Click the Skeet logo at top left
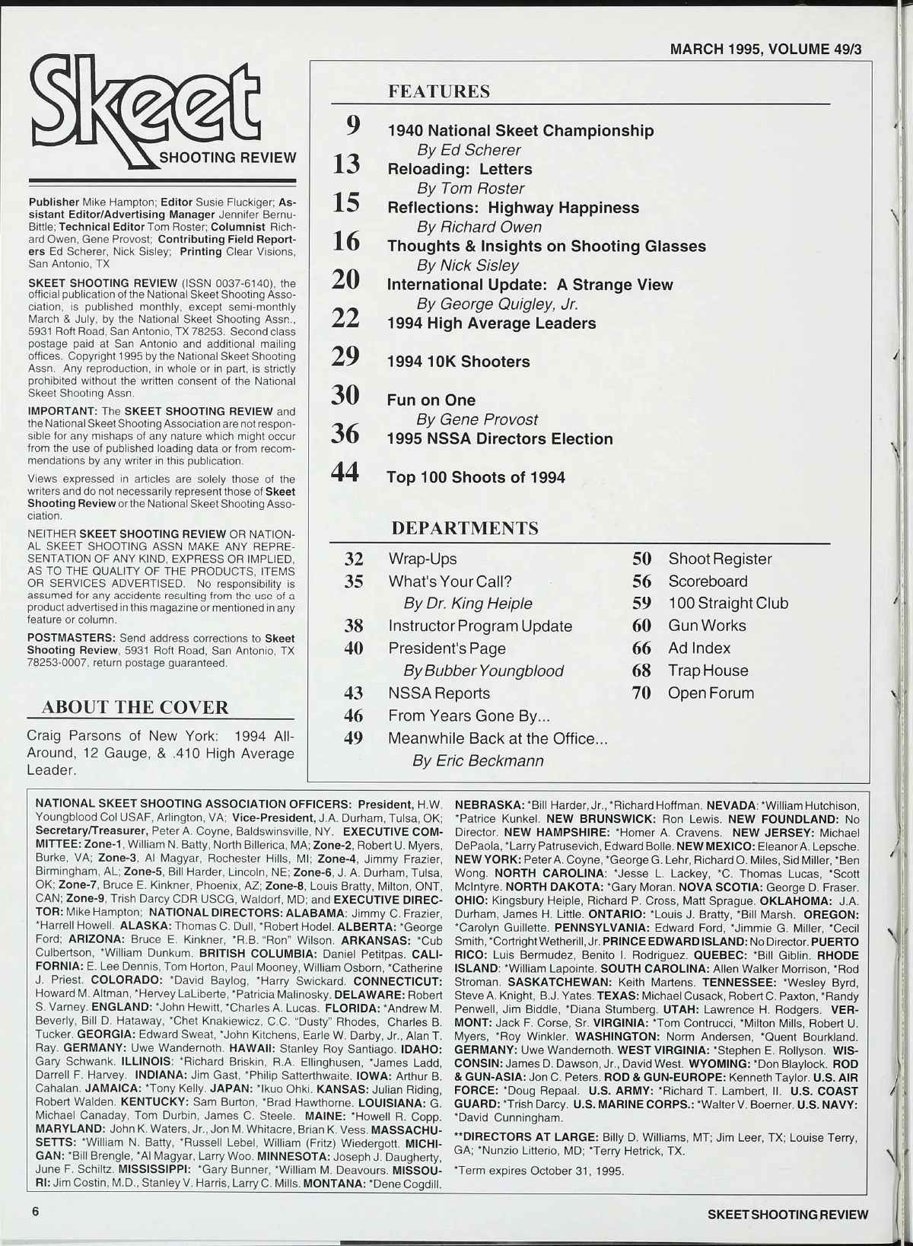pyautogui.click(x=145, y=106)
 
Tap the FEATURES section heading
pyautogui.click(x=439, y=92)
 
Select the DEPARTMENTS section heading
pyautogui.click(x=464, y=528)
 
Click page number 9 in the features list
pyautogui.click(x=353, y=125)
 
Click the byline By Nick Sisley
pyautogui.click(x=467, y=265)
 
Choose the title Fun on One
pyautogui.click(x=431, y=400)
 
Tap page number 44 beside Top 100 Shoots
pyautogui.click(x=345, y=473)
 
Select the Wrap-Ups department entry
pyautogui.click(x=422, y=559)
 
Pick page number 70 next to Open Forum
pyautogui.click(x=641, y=693)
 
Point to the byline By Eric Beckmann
pyautogui.click(x=478, y=760)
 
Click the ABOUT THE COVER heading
pyautogui.click(x=135, y=707)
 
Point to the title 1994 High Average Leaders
pyautogui.click(x=491, y=323)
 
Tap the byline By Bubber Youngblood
pyautogui.click(x=483, y=671)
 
